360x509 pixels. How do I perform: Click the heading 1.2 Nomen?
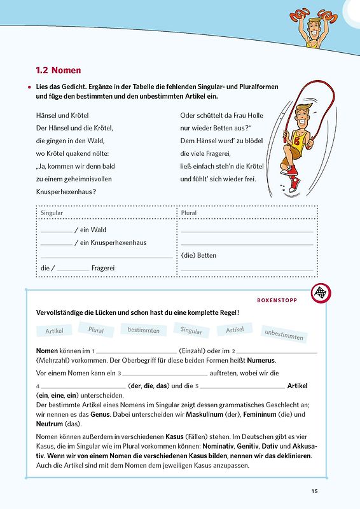(x=58, y=70)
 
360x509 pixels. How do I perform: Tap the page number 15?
(x=315, y=491)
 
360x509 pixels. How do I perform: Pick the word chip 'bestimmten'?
(x=144, y=330)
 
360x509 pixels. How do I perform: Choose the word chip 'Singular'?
(x=191, y=330)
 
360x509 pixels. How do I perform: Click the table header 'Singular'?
(x=52, y=213)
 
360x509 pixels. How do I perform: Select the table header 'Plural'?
(x=189, y=213)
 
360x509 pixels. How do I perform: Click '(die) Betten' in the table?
(x=198, y=255)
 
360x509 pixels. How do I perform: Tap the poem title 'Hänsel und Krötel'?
(x=62, y=116)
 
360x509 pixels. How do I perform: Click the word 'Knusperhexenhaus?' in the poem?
(x=66, y=192)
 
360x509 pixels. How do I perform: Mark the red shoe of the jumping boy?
(x=294, y=186)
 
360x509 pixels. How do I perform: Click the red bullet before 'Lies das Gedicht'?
(x=30, y=86)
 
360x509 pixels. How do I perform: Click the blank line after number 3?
(x=165, y=375)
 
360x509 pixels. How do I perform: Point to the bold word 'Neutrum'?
(x=49, y=423)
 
